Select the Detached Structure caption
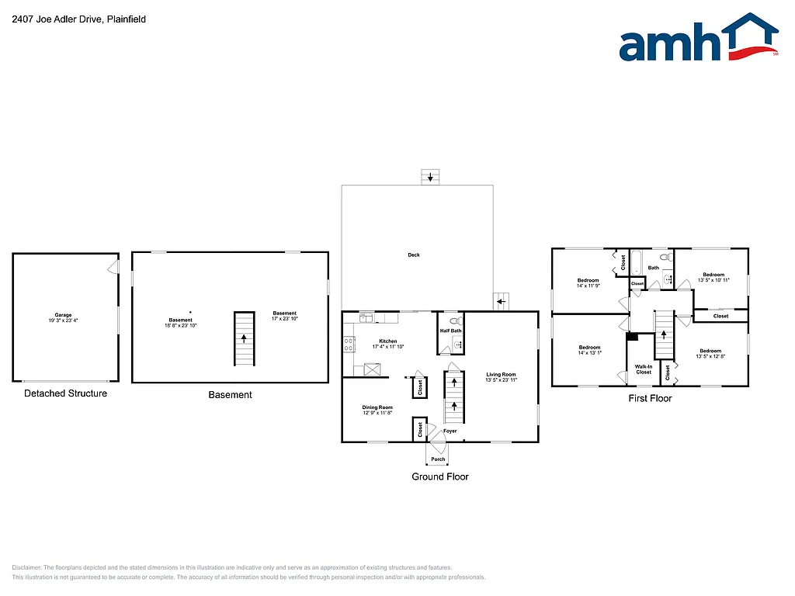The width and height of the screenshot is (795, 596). point(65,393)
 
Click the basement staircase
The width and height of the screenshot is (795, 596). point(245,339)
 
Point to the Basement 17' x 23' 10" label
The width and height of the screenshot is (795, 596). point(284,316)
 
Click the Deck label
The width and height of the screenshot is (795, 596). point(414,255)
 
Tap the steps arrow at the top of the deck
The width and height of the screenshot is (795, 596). point(430,177)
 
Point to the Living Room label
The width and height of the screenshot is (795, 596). point(501,377)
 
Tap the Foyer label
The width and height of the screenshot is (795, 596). point(450,431)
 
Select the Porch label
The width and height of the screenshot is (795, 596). point(438,459)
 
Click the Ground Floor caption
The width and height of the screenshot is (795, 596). point(439,476)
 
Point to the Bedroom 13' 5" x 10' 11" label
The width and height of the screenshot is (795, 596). point(713,277)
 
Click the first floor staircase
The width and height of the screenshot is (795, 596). point(664,334)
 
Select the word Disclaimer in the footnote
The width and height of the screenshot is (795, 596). point(27,567)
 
